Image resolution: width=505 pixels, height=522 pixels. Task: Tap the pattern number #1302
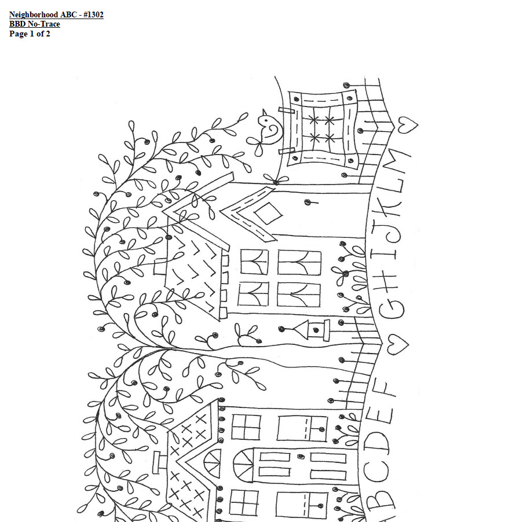coord(93,14)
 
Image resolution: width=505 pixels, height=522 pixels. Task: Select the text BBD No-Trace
coord(34,24)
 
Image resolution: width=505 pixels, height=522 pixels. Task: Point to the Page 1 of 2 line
coord(30,34)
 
